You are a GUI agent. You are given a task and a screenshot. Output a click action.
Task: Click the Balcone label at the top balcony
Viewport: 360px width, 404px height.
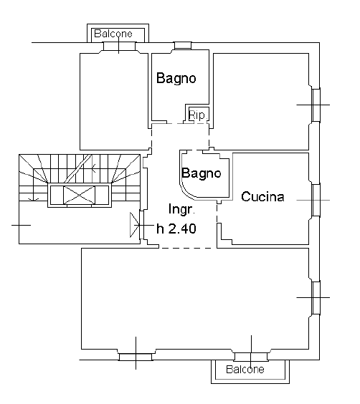point(118,33)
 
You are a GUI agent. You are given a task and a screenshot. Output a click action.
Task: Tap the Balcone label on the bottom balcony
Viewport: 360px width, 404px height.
point(245,370)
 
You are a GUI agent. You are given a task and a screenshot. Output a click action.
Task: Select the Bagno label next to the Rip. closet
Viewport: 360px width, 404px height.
point(176,78)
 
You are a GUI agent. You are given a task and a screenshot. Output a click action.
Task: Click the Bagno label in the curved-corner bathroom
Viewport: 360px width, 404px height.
point(201,173)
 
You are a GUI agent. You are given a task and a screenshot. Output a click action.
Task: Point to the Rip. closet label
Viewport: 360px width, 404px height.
point(196,115)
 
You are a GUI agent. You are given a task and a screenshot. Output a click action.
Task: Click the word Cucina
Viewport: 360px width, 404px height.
point(263,196)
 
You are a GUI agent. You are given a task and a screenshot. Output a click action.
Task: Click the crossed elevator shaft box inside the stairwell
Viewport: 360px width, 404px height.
point(78,195)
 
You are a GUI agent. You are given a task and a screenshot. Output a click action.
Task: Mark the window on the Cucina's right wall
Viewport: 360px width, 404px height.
point(315,200)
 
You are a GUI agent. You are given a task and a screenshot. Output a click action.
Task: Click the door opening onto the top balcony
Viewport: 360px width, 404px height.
point(118,47)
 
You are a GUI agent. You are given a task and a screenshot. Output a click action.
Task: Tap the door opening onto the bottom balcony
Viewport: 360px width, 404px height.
point(251,355)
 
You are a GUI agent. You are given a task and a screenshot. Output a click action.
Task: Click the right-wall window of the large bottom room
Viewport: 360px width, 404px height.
point(315,296)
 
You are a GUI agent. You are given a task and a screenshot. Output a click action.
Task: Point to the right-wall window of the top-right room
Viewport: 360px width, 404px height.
point(315,105)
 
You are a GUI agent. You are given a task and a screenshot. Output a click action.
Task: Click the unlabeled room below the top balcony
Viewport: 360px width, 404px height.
point(113,100)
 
